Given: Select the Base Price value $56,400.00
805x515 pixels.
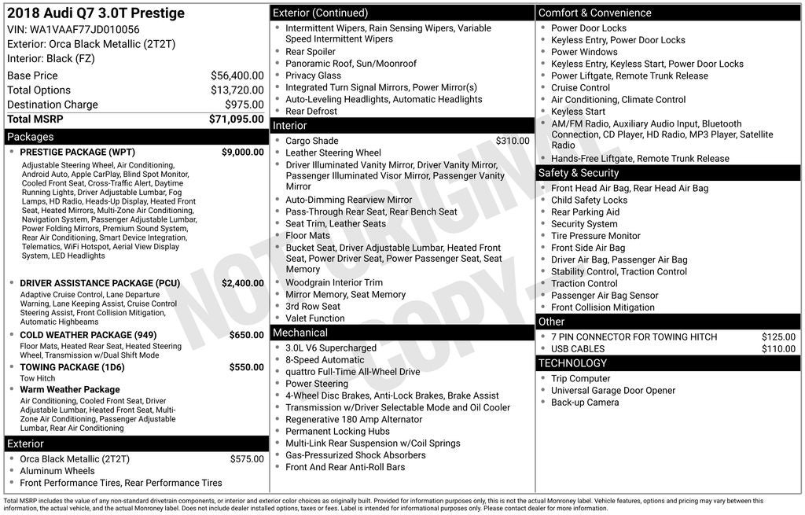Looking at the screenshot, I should (237, 75).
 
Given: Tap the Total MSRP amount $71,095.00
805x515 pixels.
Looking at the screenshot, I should (236, 119).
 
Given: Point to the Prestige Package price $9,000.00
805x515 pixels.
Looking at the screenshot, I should (242, 152).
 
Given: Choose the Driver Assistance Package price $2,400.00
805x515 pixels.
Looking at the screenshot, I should (242, 283).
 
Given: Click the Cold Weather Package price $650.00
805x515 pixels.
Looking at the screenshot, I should (246, 335).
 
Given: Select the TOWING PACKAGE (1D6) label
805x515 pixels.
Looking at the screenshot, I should (72, 367).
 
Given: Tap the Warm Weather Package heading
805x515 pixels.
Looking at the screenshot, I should (70, 389).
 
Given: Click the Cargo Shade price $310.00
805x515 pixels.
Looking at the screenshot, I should (512, 141).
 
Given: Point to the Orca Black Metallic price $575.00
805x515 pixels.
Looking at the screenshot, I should (247, 459).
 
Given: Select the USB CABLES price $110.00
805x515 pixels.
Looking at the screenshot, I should (778, 349).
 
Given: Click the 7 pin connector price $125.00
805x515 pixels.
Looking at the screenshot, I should (778, 337).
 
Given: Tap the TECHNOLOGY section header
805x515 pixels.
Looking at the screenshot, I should (573, 363).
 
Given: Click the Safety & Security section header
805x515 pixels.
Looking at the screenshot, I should (579, 173).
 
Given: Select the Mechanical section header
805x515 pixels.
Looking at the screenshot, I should (300, 333).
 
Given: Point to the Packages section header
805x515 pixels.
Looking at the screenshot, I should (31, 137).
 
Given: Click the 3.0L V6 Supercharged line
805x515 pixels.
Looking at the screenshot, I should (331, 348).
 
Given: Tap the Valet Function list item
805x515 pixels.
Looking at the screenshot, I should (315, 318).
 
